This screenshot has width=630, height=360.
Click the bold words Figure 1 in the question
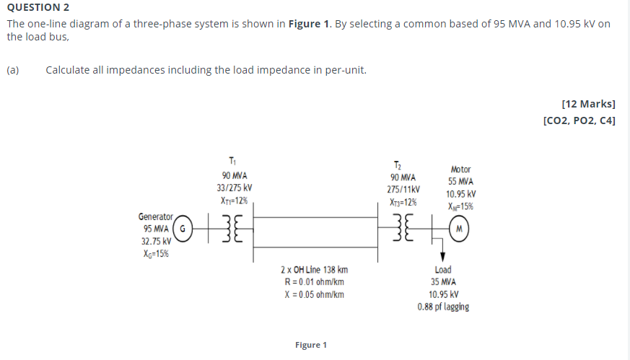[x=308, y=24]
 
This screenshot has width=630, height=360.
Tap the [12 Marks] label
[x=588, y=105]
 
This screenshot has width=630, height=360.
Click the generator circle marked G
[x=183, y=229]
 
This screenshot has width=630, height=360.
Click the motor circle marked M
[x=460, y=229]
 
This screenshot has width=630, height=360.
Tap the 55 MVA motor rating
[x=460, y=182]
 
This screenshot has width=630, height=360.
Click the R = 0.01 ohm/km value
[x=314, y=282]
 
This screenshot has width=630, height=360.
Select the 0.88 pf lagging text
[x=443, y=307]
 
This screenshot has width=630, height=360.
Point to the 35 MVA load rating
[x=443, y=282]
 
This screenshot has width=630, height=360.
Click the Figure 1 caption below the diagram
[x=311, y=345]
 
